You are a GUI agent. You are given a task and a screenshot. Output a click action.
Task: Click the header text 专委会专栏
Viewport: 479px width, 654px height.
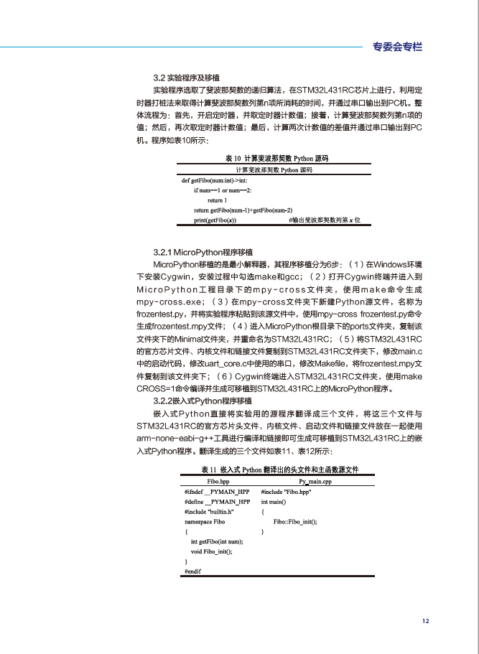point(397,47)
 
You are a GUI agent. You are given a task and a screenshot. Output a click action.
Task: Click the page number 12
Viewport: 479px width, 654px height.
point(425,621)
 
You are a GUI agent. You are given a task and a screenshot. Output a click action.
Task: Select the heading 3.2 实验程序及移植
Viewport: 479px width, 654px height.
point(187,77)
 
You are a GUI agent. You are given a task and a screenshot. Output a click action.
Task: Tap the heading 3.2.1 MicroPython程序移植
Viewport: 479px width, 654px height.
point(203,253)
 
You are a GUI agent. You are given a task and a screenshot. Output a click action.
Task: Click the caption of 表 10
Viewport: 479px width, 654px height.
point(276,157)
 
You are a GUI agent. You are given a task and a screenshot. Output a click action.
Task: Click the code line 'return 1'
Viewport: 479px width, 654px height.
point(217,200)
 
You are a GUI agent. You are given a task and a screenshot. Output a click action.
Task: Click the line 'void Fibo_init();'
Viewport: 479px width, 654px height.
point(211,551)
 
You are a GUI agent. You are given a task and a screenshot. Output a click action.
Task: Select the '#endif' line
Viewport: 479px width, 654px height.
point(192,571)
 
